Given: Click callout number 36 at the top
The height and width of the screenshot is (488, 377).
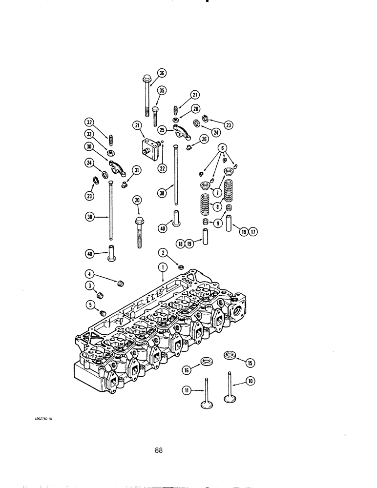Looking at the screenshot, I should point(162,73).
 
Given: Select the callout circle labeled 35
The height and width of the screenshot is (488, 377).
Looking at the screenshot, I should point(162,90).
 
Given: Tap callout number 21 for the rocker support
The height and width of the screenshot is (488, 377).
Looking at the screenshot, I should point(136,125).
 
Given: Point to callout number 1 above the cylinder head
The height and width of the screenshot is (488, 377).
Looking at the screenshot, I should point(161,266).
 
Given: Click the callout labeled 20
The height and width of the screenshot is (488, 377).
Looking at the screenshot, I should point(137,200).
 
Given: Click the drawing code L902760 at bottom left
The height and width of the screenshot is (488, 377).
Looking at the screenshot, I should point(43,426).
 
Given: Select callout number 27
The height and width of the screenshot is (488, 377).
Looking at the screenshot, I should point(195,95).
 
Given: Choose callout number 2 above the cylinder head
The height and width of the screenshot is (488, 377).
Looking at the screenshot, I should point(162,252).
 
